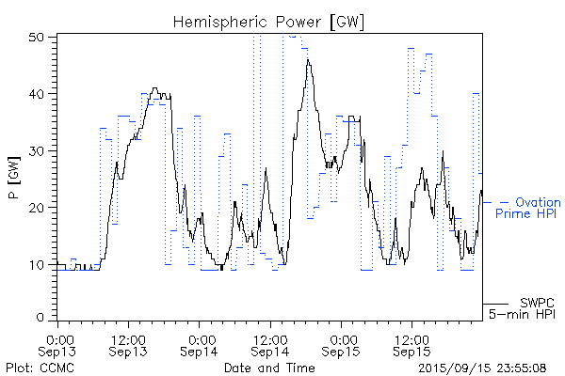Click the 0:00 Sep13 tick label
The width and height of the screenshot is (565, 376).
click(58, 344)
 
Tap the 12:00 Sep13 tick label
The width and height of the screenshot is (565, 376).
click(128, 344)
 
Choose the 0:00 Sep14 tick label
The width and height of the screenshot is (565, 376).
click(199, 344)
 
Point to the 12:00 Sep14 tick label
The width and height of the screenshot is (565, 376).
click(269, 344)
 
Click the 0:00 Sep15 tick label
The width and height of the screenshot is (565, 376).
click(340, 344)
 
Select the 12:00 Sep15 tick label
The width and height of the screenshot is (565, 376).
click(411, 344)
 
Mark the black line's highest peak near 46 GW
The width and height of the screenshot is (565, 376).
click(308, 60)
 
